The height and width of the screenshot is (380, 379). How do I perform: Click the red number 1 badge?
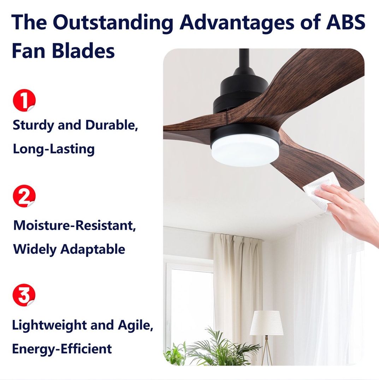point(24,100)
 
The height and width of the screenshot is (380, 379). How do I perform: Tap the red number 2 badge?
point(24,196)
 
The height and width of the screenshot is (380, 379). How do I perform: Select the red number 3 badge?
point(24,295)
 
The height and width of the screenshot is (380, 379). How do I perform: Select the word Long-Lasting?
point(54,149)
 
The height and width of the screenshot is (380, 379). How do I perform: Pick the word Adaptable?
point(93,249)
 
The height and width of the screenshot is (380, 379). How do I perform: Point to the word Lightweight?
point(49,325)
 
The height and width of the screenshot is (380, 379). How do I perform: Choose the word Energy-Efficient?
point(62,349)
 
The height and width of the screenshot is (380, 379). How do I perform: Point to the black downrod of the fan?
point(244,59)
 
